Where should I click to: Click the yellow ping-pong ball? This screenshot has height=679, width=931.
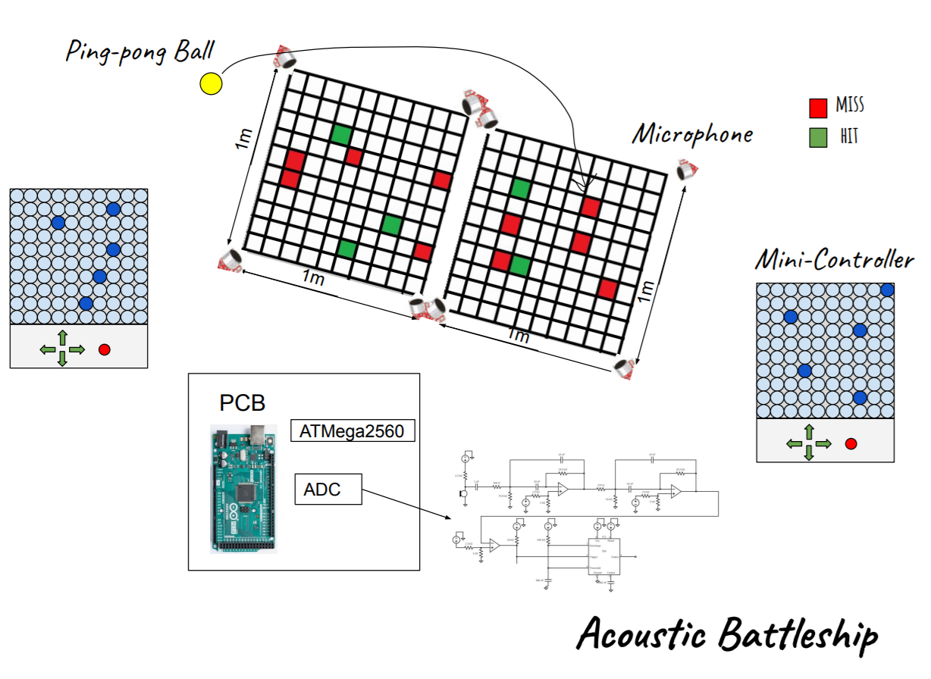pos(211,83)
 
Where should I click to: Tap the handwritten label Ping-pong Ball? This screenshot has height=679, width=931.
pos(140,52)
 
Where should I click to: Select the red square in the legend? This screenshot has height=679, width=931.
pos(817,108)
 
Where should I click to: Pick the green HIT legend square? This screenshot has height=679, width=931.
pos(817,138)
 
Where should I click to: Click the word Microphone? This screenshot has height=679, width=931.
pos(693,135)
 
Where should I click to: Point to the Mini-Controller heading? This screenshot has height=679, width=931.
pos(834,260)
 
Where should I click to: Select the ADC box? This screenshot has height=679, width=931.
pos(328,489)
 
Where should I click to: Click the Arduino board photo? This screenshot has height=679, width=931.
pos(243,487)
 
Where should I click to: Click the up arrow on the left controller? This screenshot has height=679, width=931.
pos(62,336)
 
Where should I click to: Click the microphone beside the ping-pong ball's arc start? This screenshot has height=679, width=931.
pos(286,56)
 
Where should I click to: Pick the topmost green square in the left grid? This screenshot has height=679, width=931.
pos(341,135)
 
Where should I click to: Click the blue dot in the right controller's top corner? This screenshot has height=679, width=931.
pos(887,289)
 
